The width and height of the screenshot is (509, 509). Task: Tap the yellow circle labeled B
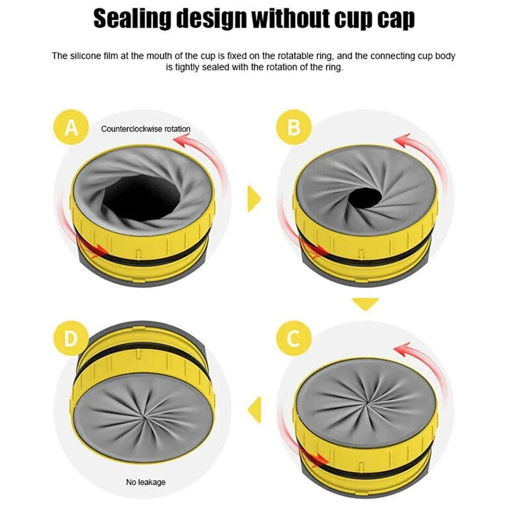[294, 127]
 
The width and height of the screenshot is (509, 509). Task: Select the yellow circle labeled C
[294, 338]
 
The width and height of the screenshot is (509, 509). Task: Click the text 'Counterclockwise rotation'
[145, 129]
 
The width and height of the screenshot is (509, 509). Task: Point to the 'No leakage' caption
[146, 482]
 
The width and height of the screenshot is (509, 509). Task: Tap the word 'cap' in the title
[392, 19]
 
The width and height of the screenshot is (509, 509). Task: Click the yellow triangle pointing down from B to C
[365, 304]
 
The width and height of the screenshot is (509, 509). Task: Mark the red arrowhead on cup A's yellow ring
[102, 250]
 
